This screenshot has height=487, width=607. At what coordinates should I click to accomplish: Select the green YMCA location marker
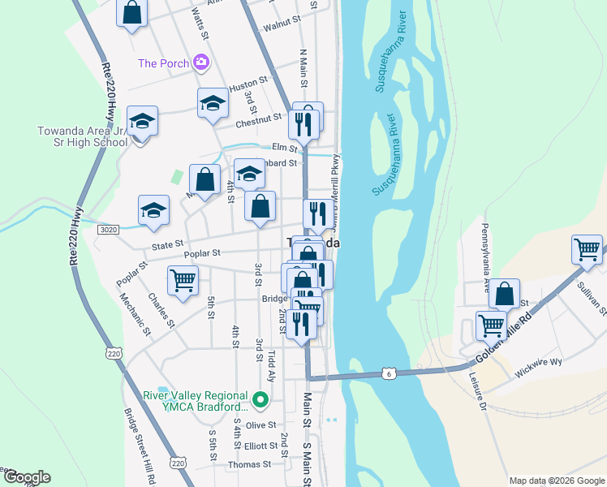point(260,399)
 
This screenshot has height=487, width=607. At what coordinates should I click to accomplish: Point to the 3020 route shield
point(109,231)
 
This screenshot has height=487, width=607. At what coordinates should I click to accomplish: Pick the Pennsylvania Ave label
point(485,248)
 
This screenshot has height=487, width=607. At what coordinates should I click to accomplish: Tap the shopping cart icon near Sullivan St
point(587,248)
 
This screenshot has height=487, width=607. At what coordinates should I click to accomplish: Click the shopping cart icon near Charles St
point(183,280)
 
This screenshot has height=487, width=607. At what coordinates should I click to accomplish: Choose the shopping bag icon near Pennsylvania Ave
point(505,293)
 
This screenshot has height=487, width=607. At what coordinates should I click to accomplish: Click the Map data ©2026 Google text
point(556,481)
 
